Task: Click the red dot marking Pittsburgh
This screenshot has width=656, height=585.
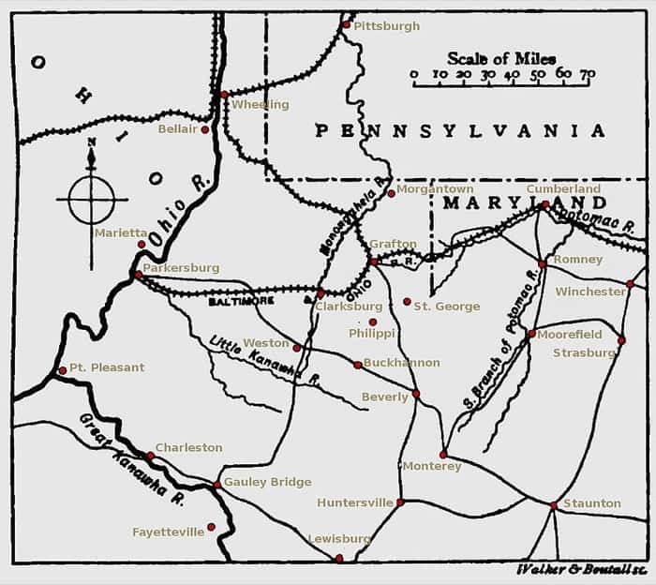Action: click(346, 25)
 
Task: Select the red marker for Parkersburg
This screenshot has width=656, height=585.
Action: click(138, 275)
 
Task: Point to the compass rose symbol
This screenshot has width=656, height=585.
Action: click(91, 198)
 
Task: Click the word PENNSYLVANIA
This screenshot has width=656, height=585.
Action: click(459, 131)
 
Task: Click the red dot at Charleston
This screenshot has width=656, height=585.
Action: click(150, 457)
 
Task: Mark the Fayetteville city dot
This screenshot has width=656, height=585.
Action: click(212, 527)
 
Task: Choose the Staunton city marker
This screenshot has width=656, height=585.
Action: click(554, 505)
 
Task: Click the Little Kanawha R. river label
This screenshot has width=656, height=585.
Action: click(264, 361)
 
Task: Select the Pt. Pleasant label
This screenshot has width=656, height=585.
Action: click(107, 367)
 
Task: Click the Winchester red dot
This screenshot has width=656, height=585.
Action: click(631, 284)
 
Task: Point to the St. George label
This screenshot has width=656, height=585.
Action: click(447, 307)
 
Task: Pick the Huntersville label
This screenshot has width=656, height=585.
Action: click(354, 502)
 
